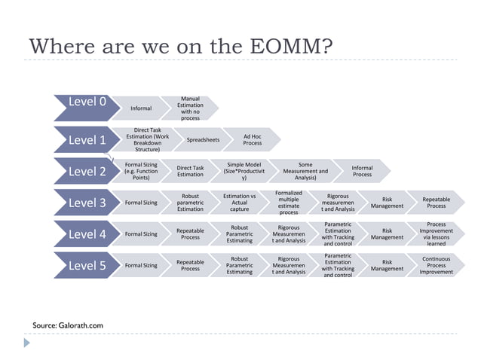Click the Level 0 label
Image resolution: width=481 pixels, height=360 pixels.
87,102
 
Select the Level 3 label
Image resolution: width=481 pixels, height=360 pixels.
87,203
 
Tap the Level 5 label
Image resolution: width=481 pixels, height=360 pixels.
87,265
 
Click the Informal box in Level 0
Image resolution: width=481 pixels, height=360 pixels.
141,108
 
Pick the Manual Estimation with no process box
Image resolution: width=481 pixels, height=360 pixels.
190,108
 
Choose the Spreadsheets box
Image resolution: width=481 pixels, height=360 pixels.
203,139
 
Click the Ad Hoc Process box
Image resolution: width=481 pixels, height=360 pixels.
253,139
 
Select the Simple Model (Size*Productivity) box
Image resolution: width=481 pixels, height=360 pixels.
244,171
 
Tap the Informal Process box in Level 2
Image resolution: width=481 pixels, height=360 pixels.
362,171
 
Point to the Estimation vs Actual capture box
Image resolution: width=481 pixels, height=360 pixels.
239,203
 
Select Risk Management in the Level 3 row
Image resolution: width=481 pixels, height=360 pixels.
387,203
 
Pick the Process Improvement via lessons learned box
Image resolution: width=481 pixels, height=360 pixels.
436,233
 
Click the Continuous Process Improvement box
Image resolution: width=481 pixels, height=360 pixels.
436,265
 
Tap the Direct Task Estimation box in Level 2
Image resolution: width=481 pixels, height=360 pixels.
190,171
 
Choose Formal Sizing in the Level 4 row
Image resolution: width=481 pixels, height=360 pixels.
141,233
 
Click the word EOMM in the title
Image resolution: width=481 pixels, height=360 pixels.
288,46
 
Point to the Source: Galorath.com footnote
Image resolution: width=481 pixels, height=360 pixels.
68,325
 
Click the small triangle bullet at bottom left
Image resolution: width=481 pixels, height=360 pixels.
28,343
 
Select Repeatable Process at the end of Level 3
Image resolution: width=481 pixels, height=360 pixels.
436,203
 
